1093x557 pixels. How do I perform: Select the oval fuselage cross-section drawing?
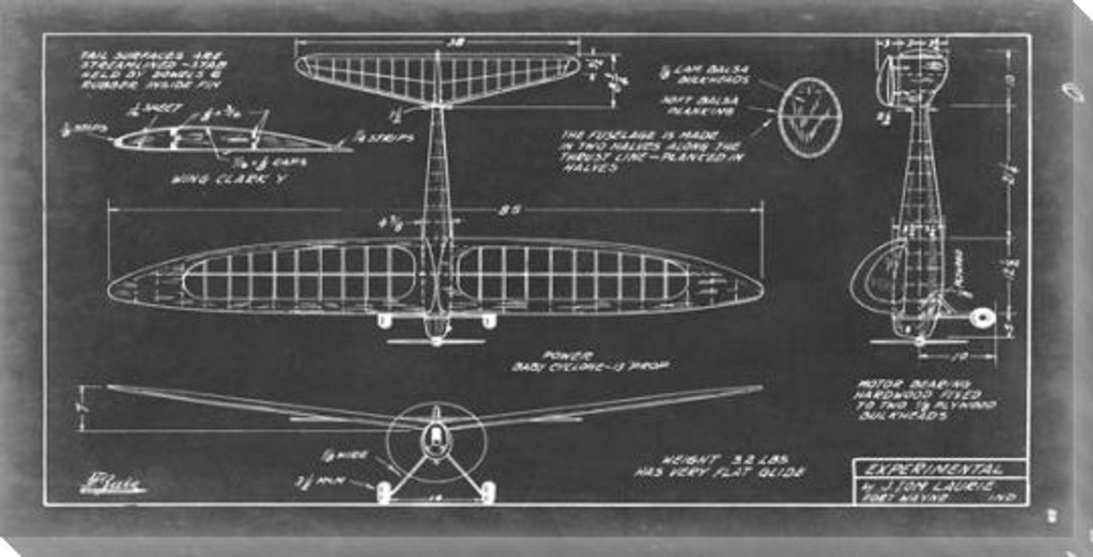pos(810,118)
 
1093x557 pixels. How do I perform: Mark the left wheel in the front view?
pos(384,490)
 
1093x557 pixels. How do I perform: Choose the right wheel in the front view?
pos(488,490)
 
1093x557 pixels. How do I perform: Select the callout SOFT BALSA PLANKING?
pos(712,104)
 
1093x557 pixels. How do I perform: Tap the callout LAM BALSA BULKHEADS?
pos(707,75)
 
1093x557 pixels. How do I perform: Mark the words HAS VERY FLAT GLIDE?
pos(718,471)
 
